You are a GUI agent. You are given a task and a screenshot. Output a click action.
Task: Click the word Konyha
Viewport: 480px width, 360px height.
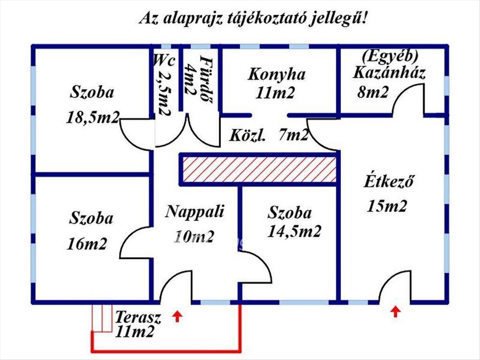point(276,74)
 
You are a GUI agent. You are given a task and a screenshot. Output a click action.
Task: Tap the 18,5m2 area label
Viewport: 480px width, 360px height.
point(93,117)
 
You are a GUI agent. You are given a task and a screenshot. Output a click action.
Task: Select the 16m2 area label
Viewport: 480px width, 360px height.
point(87,244)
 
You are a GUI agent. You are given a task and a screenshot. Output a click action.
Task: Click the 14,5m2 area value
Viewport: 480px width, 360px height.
point(294,232)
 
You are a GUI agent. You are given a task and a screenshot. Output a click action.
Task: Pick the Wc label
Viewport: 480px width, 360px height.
point(164,60)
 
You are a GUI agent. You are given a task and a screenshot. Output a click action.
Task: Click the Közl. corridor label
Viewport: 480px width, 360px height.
point(248,136)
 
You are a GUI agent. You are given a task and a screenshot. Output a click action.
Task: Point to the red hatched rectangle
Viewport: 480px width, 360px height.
point(260,170)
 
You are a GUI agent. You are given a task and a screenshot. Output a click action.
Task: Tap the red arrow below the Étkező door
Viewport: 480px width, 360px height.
point(395,312)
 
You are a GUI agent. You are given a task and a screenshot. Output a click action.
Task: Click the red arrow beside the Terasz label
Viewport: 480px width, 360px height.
point(177,316)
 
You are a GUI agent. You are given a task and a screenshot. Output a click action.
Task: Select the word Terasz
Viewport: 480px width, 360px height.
point(138,317)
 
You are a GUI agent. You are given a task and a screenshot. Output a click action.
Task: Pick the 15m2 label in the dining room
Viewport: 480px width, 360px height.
point(387,206)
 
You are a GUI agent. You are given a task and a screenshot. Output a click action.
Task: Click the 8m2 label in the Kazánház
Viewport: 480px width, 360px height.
point(373,92)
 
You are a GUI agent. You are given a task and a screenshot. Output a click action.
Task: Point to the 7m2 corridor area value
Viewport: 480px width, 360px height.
point(294,134)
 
